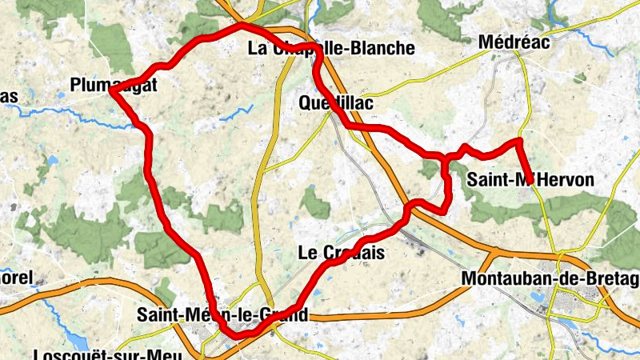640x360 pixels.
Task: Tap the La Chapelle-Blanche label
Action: click(331, 48)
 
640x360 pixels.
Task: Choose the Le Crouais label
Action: click(341, 254)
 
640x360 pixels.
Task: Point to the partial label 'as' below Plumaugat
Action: click(8, 97)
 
